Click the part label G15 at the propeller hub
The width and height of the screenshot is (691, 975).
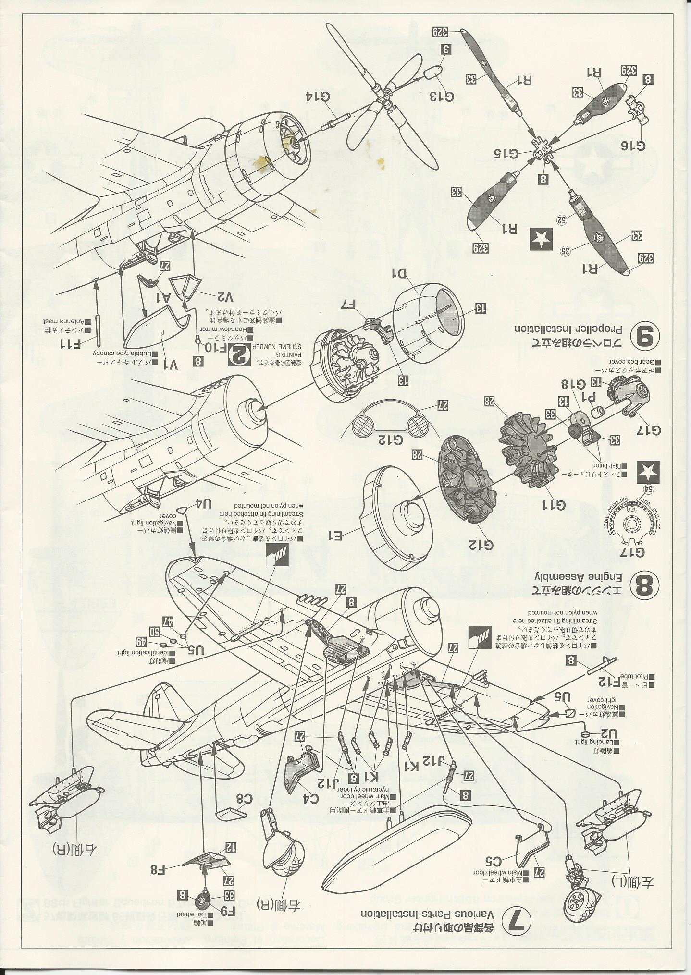(x=507, y=154)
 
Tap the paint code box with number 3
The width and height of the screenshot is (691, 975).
(x=445, y=49)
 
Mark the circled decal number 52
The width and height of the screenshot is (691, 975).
(x=560, y=219)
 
